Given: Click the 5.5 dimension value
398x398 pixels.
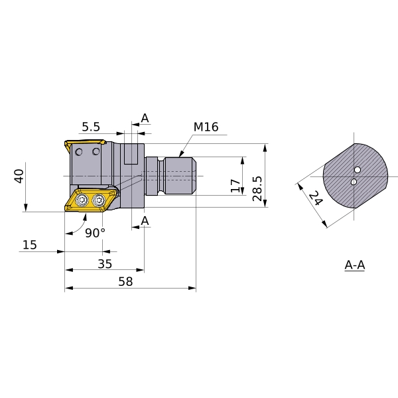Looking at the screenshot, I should point(90,126).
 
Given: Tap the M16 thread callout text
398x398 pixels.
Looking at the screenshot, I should point(206,127).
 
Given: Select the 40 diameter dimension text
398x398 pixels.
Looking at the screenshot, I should point(19,176).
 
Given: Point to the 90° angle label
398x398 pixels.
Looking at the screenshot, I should point(95,232).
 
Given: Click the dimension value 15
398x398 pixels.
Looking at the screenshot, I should point(29,245).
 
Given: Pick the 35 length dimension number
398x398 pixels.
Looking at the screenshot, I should point(104,263).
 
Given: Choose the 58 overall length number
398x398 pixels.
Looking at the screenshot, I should point(125,281).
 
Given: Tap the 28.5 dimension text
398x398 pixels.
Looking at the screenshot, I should point(257,185).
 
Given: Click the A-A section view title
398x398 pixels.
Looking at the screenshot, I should point(355,265).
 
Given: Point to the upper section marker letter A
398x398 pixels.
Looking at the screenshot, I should point(145,119).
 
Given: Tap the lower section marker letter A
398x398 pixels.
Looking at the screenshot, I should point(145,220).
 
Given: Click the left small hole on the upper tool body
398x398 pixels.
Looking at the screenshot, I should point(81,153).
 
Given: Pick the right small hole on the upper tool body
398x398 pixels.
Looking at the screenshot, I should point(97,153).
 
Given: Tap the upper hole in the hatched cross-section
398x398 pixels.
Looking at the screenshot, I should point(358,170).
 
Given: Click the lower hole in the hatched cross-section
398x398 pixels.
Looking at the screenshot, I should point(354,182).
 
